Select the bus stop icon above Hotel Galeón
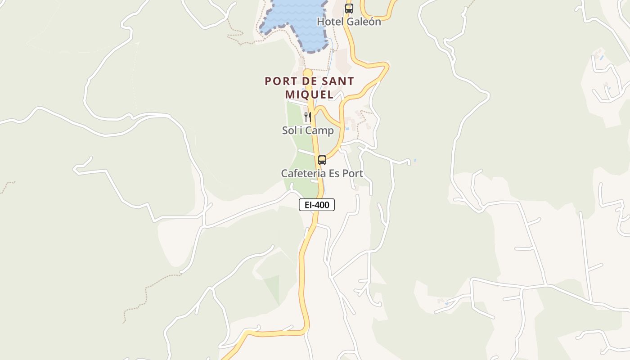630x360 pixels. click(x=349, y=8)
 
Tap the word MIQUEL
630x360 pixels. click(x=310, y=94)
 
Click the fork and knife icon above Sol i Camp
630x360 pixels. click(x=308, y=117)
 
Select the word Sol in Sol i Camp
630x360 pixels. click(x=289, y=131)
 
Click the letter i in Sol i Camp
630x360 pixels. click(x=301, y=131)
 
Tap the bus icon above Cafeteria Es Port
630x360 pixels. click(x=322, y=160)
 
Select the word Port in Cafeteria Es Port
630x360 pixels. click(x=352, y=173)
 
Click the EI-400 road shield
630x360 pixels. click(x=317, y=205)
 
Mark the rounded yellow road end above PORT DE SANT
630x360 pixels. click(x=308, y=73)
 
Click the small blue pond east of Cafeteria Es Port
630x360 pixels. click(x=414, y=160)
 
